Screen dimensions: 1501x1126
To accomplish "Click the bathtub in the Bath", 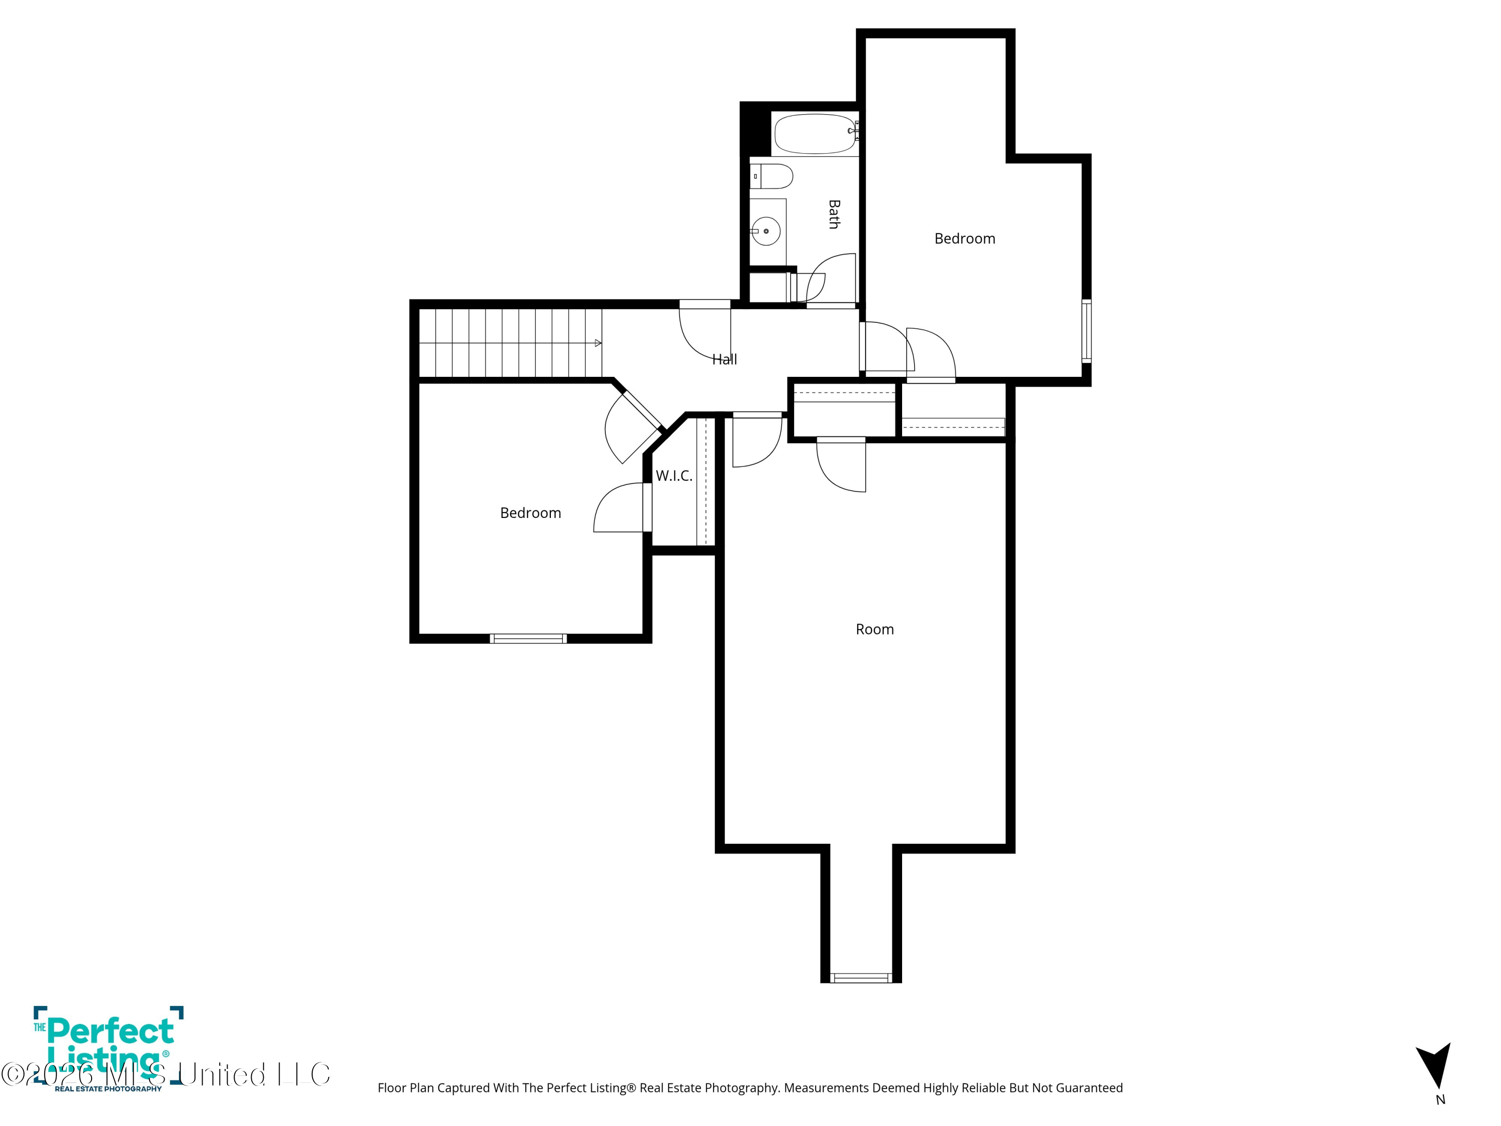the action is [x=815, y=134].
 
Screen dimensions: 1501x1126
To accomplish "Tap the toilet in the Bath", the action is [x=772, y=177].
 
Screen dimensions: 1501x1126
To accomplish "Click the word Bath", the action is [x=834, y=215].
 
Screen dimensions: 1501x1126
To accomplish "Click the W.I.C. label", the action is [x=674, y=476].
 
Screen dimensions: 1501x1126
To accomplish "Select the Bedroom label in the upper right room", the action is [x=965, y=239].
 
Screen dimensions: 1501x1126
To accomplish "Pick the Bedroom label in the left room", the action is [x=531, y=513].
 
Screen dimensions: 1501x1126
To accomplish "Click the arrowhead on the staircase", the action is [x=598, y=343].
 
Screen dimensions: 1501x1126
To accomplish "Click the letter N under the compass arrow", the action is [x=1440, y=1100].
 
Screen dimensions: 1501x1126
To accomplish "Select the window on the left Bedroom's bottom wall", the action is [x=528, y=638].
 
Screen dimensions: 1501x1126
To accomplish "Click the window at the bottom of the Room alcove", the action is [x=861, y=978].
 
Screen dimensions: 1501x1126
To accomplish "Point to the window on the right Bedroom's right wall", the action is [x=1086, y=331].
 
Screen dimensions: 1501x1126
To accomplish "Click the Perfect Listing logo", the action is [x=109, y=1048].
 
